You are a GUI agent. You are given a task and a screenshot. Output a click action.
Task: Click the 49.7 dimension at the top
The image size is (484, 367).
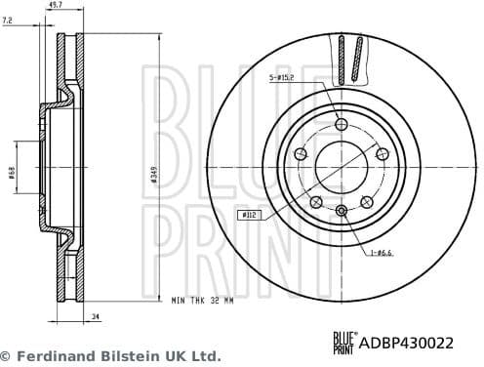click(x=57, y=6)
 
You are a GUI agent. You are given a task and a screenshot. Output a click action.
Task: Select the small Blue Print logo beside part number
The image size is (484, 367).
click(x=344, y=341)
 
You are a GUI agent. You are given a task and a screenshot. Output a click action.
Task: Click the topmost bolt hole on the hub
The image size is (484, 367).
click(x=341, y=124)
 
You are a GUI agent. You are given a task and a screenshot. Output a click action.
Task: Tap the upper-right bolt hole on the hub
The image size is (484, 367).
click(x=382, y=153)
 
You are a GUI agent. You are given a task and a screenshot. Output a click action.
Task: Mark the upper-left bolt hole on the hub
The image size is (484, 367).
click(x=300, y=153)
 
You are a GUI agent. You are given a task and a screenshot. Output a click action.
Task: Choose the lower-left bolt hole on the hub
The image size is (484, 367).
click(x=315, y=202)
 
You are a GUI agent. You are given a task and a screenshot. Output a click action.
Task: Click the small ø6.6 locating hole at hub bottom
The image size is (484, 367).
click(x=341, y=212)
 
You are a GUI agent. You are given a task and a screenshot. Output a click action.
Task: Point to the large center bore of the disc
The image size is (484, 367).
click(x=341, y=167)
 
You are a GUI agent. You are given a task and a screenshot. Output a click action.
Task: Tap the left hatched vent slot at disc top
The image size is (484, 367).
click(x=343, y=59)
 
